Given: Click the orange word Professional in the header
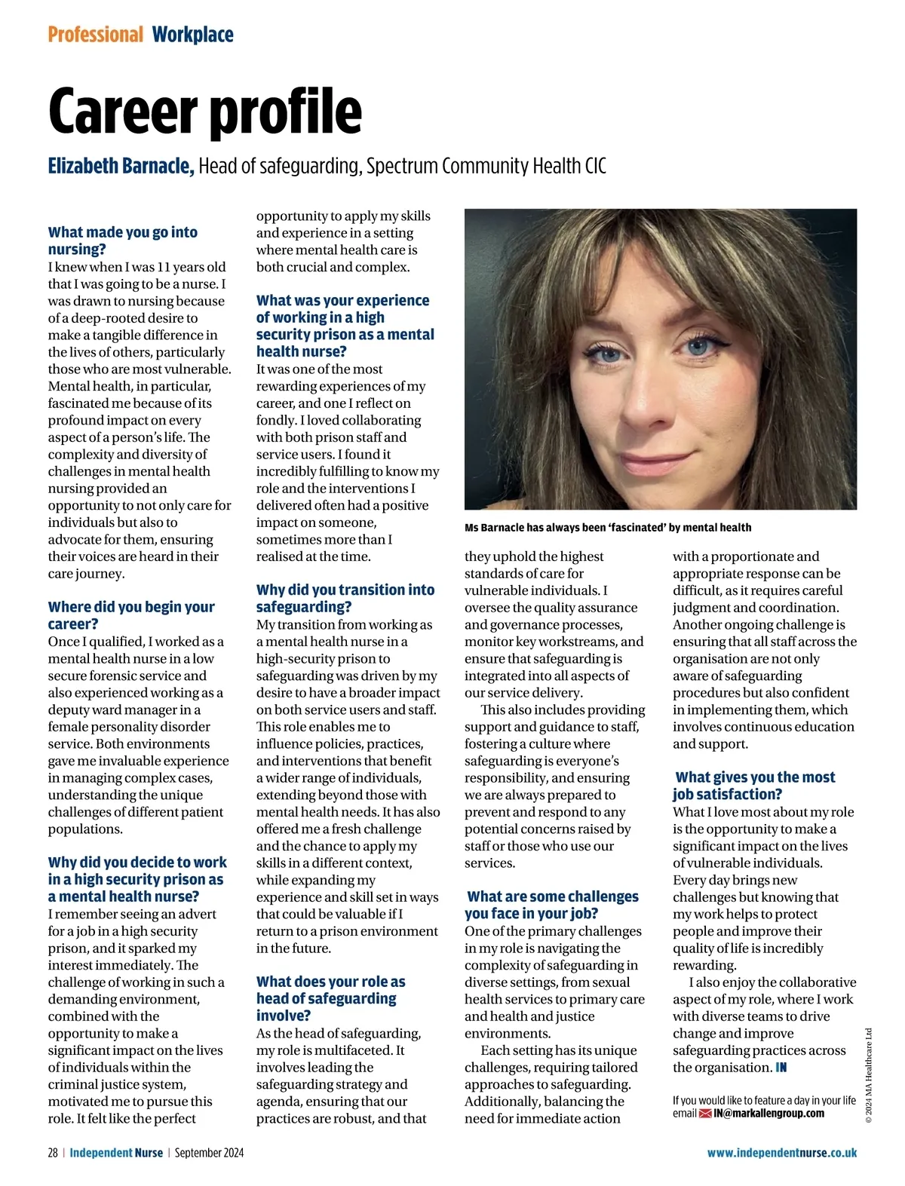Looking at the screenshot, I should pos(95,35).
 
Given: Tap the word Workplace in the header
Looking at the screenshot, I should pos(192,35).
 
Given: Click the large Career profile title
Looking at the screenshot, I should pos(205,112).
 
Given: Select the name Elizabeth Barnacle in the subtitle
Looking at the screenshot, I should pos(121,166).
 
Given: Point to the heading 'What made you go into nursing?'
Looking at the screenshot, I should pos(123,241).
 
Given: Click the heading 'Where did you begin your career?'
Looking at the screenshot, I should pos(131,615).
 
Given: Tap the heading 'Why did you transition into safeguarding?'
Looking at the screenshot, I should pos(345,598).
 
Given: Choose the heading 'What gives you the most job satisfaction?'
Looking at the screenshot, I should pos(753,785).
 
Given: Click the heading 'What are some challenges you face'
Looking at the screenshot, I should pos(552,905).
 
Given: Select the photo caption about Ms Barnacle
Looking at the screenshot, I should pos(608,528).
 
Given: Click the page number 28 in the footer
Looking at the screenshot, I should pos(53,1153).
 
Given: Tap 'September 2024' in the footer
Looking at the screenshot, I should pos(209,1153).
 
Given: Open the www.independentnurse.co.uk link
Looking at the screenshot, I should pos(781,1153).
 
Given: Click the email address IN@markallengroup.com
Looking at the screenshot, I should pos(768,1114).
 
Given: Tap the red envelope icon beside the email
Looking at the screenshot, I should pos(705,1114).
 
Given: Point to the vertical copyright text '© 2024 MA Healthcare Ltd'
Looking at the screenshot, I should pos(868,1075).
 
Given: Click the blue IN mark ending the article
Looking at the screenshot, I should pos(781,1068).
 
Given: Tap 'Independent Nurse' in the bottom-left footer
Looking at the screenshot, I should pos(116,1153).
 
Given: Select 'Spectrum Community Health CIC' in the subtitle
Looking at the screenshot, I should pos(486,166).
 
